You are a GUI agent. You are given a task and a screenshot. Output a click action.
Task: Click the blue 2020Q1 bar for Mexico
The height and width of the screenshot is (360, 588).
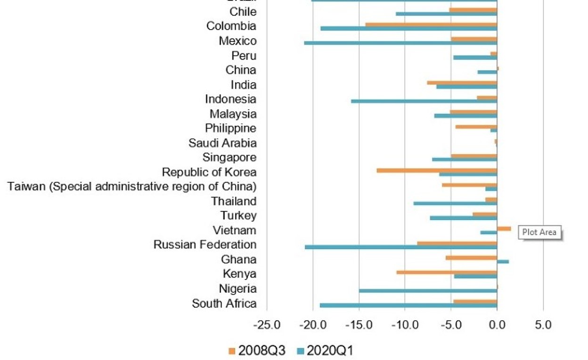click(x=400, y=43)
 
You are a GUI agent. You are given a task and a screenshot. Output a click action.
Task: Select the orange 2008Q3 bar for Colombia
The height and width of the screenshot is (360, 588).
click(x=431, y=25)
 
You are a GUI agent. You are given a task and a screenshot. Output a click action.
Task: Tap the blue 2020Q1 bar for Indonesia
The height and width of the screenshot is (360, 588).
click(x=424, y=101)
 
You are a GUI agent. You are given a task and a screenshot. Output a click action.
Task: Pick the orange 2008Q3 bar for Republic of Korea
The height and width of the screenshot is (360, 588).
click(x=437, y=170)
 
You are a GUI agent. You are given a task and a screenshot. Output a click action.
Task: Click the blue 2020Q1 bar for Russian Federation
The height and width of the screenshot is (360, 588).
click(x=401, y=247)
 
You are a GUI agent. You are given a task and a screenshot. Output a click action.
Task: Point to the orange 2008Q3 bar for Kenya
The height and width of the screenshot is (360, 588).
click(x=447, y=272)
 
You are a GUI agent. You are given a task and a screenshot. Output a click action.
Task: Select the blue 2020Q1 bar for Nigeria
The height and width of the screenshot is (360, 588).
click(x=428, y=291)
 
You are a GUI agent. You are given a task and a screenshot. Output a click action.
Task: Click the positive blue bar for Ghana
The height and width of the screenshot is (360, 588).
click(x=503, y=262)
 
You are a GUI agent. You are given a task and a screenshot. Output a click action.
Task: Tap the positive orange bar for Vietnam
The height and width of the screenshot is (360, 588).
click(x=504, y=229)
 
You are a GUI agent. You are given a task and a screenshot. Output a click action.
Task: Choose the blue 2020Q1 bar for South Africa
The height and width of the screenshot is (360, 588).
click(x=408, y=305)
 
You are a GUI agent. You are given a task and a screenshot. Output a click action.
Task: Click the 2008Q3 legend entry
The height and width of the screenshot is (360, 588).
click(x=257, y=351)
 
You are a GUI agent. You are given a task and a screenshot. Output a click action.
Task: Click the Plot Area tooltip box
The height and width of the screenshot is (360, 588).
click(x=539, y=232)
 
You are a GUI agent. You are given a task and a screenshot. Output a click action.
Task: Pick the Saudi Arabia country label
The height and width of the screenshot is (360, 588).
click(x=222, y=143)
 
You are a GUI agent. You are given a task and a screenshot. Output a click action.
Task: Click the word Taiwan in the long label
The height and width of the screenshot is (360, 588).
click(x=26, y=187)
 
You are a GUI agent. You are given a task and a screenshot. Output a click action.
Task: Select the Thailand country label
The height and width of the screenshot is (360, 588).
click(x=234, y=201)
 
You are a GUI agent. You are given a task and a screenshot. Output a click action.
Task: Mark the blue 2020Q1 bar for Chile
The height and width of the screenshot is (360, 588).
click(x=446, y=14)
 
